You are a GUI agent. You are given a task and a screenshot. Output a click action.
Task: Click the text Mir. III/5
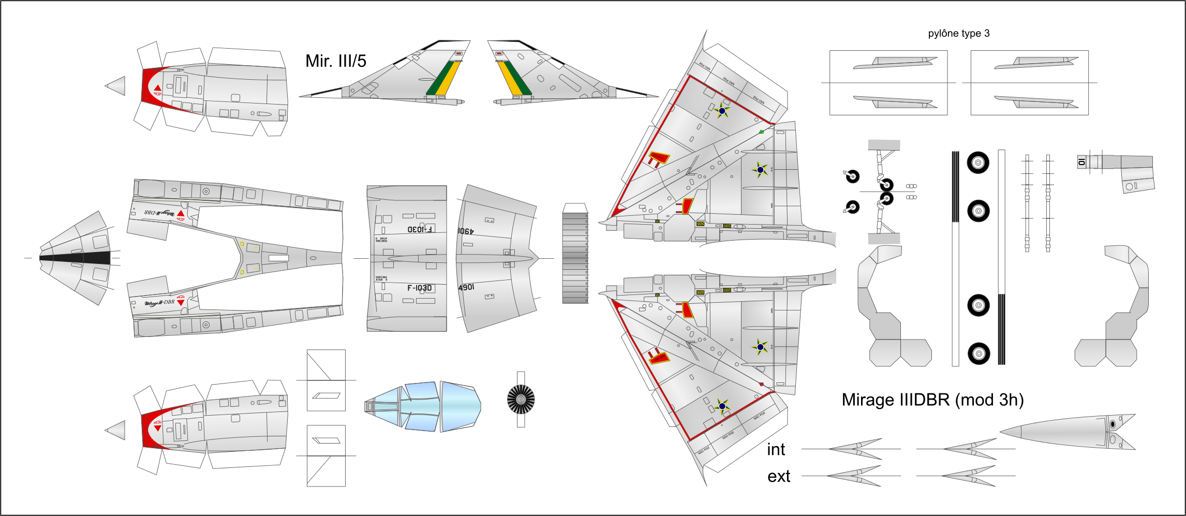pyautogui.click(x=335, y=61)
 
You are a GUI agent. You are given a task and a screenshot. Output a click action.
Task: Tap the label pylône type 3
pyautogui.click(x=958, y=34)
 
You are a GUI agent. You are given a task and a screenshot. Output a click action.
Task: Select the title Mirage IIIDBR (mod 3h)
pyautogui.click(x=932, y=400)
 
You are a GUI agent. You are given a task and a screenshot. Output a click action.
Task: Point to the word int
pyautogui.click(x=776, y=450)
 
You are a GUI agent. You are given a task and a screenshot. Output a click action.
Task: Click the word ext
pyautogui.click(x=778, y=476)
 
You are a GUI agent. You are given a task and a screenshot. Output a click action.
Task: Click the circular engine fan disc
pyautogui.click(x=521, y=400)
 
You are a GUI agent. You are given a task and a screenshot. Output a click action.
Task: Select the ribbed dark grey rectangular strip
pyautogui.click(x=575, y=258)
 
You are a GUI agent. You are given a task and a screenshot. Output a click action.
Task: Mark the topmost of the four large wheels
pyautogui.click(x=978, y=163)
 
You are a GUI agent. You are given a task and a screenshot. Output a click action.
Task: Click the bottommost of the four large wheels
pyautogui.click(x=979, y=353)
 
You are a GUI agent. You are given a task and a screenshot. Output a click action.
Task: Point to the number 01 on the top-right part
pyautogui.click(x=1081, y=162)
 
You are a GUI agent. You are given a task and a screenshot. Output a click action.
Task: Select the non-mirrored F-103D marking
pyautogui.click(x=419, y=288)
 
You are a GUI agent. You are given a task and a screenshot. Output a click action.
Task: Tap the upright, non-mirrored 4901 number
pyautogui.click(x=466, y=287)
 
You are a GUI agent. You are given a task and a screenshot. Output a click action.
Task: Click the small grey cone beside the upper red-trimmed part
pyautogui.click(x=116, y=86)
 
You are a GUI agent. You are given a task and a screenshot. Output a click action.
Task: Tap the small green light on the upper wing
pyautogui.click(x=761, y=132)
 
